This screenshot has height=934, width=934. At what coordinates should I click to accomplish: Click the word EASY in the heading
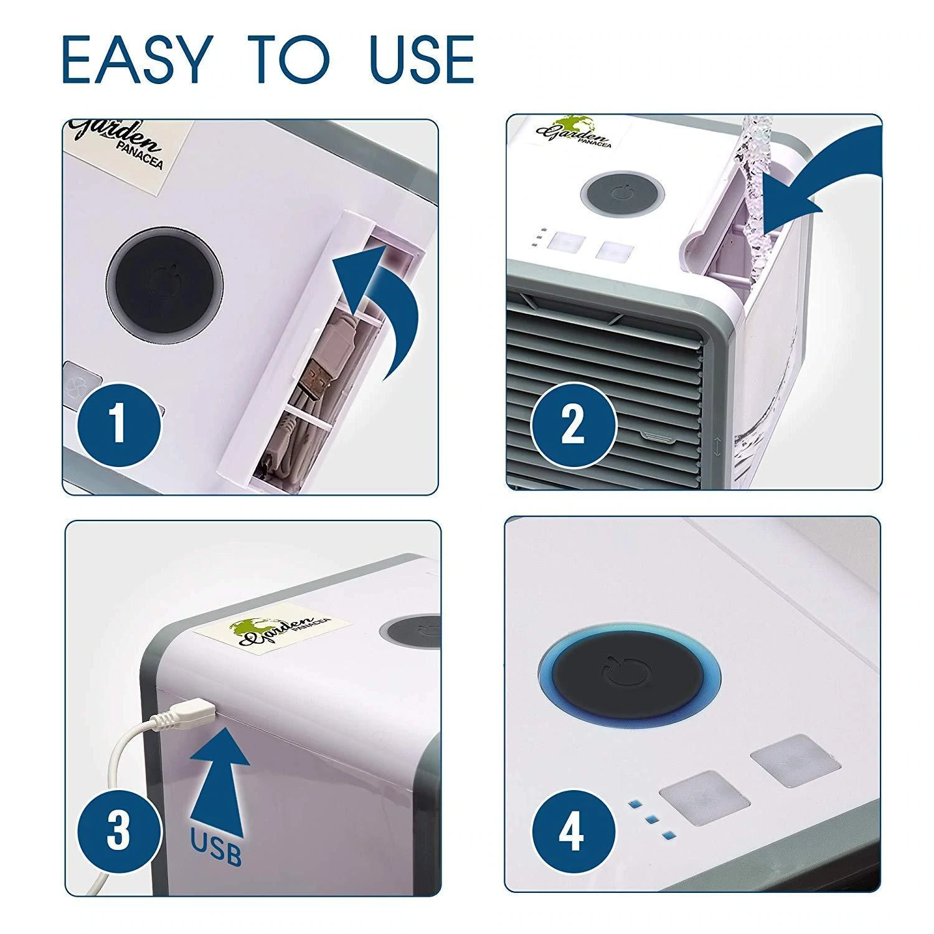[x=134, y=60]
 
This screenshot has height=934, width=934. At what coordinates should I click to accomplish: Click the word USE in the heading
[x=422, y=60]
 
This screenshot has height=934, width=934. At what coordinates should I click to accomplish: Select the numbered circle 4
[x=573, y=833]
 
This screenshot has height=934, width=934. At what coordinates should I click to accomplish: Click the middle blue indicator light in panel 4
[x=652, y=819]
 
